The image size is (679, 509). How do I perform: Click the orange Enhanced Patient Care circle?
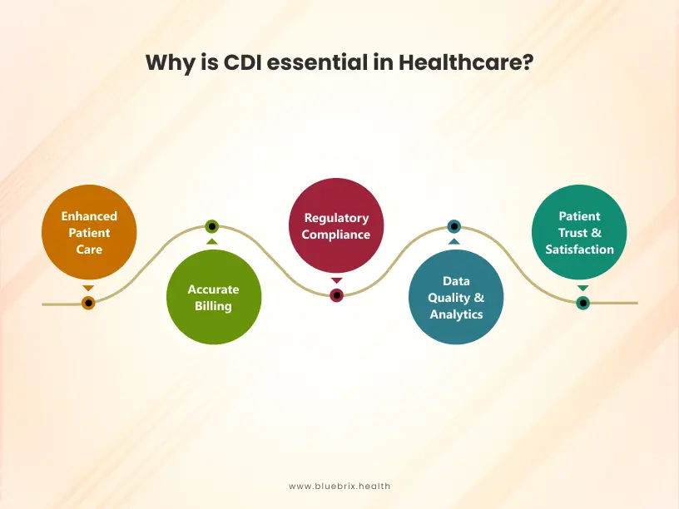pos(89,232)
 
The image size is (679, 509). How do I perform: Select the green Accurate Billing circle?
pos(212,298)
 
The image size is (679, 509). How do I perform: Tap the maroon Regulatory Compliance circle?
pos(336,225)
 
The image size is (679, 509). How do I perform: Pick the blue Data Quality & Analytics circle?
pos(456,297)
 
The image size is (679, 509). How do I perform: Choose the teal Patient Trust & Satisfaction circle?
pos(579,232)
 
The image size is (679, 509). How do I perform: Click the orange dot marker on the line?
pos(88,303)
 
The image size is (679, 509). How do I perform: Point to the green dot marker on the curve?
pos(212,226)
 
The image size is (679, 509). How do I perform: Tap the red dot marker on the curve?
pos(336,295)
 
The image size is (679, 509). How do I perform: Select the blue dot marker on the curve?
pos(453,226)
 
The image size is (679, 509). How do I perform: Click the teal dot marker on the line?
pos(582,303)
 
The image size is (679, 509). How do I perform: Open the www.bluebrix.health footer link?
pos(339,486)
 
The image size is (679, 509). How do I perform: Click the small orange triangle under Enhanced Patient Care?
pos(88,288)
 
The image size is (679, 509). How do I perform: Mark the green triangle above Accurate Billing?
pos(212,241)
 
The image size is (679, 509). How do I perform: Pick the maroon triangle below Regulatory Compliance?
pos(336,281)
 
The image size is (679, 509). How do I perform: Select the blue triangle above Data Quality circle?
pos(453,241)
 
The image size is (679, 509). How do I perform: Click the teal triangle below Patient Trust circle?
pos(582,289)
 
